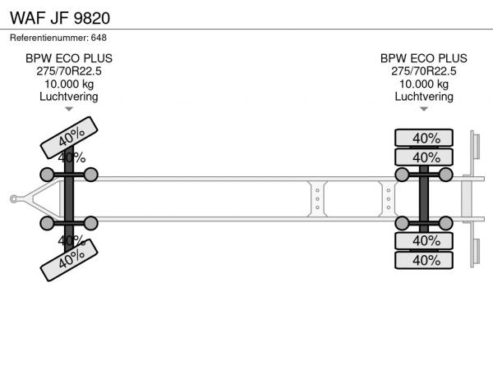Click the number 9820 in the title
click(x=92, y=18)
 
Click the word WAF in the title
click(x=28, y=18)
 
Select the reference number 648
click(x=99, y=38)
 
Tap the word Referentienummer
click(x=49, y=38)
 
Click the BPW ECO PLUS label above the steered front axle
click(x=69, y=58)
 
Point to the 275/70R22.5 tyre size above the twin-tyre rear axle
click(x=423, y=71)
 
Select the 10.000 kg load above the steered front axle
click(x=69, y=84)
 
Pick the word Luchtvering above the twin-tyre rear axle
click(x=424, y=97)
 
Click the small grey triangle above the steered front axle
click(x=69, y=109)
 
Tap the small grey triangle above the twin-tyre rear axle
click(x=424, y=109)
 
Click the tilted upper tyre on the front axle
click(x=69, y=138)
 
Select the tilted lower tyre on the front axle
click(x=69, y=260)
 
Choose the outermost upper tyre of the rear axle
click(x=424, y=138)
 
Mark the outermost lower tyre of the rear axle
click(x=424, y=260)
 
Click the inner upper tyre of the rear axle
click(x=424, y=157)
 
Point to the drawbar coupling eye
click(x=13, y=199)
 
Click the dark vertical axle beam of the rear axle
click(x=424, y=199)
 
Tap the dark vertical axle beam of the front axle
click(x=69, y=199)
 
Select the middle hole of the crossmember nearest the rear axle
click(x=389, y=199)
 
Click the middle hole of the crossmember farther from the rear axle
click(x=317, y=199)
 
